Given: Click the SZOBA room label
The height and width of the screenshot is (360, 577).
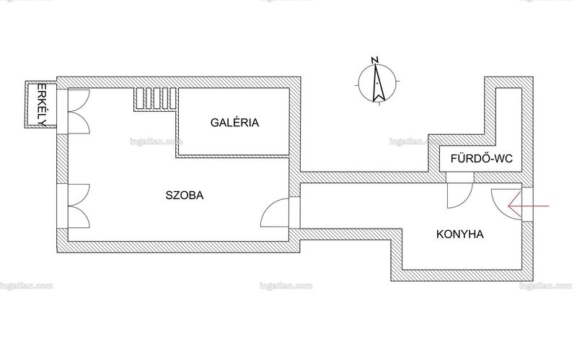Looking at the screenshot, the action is [185, 195].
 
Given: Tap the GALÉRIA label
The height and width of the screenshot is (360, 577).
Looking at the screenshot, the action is [235, 123].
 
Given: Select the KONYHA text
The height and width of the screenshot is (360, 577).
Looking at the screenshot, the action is [460, 234].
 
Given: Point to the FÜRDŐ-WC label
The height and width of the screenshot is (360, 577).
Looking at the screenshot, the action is [481, 159].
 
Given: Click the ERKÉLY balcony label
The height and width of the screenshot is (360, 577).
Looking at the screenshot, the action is [42, 105].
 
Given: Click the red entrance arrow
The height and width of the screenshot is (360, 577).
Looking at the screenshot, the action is [529, 206].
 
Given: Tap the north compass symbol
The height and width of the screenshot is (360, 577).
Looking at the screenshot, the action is [377, 83].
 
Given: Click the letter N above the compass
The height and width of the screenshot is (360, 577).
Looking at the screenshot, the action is [375, 60].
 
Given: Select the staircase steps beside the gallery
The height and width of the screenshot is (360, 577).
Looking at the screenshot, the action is [154, 99].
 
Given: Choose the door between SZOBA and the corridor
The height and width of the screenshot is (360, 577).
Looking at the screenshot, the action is [276, 212].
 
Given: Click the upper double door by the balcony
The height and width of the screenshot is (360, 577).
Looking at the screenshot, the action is [79, 111].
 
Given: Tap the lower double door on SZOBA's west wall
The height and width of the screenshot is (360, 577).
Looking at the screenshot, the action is [79, 206].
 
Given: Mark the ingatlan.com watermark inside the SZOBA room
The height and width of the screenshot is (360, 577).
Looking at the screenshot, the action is [156, 141].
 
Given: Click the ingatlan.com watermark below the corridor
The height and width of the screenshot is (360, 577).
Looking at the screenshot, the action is [286, 286].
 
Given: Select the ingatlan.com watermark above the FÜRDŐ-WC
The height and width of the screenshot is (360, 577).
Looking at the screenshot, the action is [416, 141].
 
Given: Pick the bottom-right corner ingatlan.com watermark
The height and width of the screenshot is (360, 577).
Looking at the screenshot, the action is [546, 286].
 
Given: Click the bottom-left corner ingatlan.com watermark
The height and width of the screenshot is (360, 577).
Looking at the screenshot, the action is [27, 286].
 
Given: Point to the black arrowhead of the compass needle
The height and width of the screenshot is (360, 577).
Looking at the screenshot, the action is [378, 95].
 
